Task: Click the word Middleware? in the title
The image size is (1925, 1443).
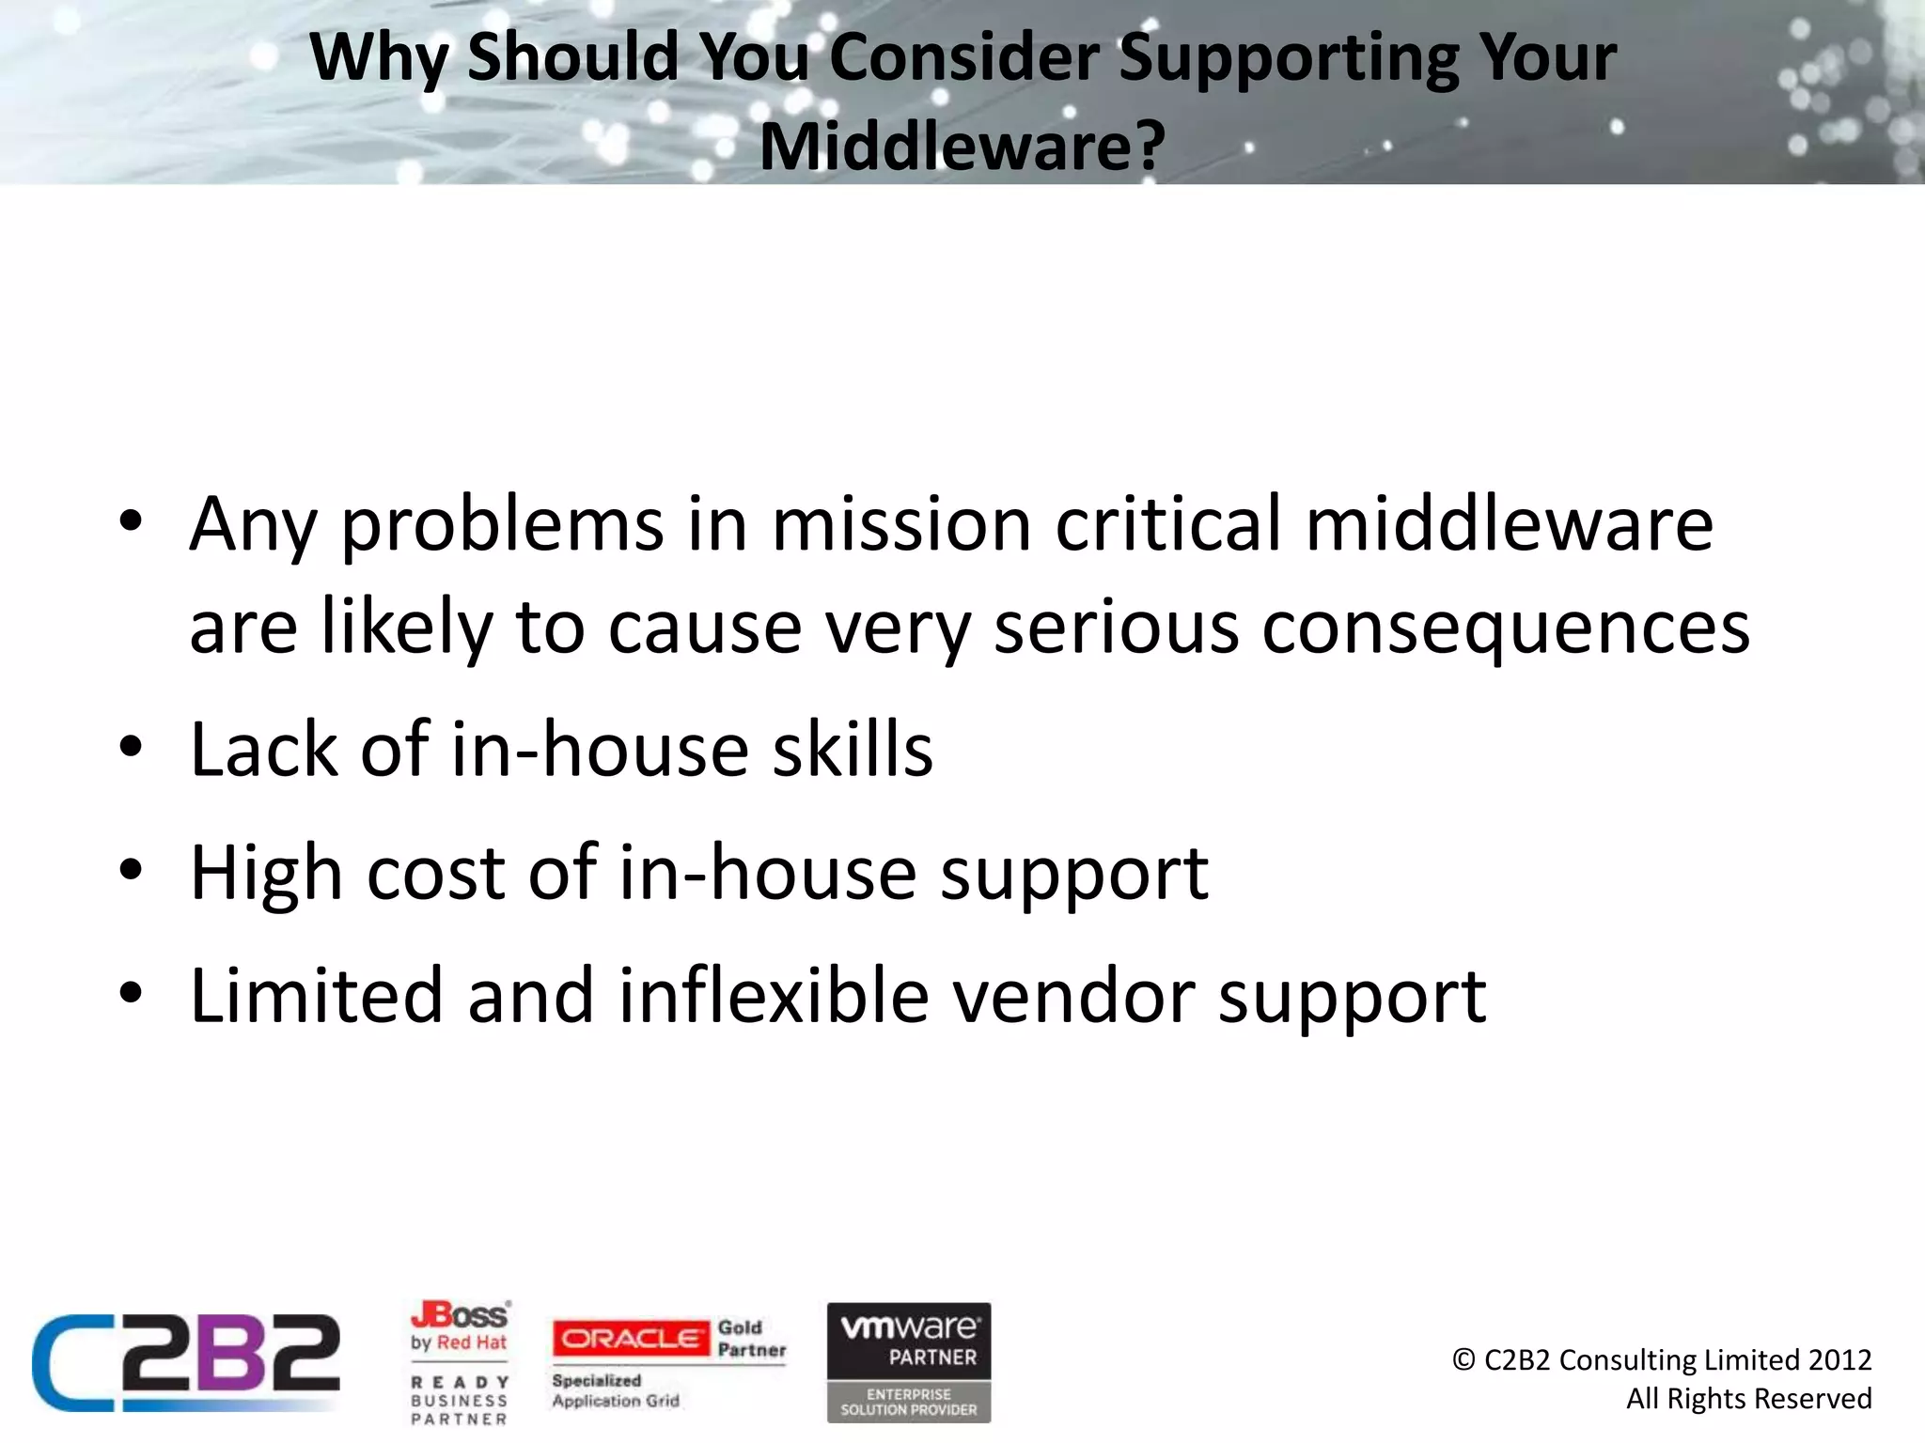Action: (962, 147)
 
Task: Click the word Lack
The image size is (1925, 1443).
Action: (263, 749)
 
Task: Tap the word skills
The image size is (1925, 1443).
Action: (852, 749)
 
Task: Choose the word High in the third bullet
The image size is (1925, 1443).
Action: (266, 873)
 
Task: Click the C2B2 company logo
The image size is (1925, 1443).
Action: (186, 1362)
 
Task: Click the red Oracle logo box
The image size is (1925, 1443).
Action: (631, 1339)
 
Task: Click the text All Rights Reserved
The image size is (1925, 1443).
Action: (1748, 1399)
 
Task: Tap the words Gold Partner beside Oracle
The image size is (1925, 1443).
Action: (751, 1339)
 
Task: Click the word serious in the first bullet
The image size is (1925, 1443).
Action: (1116, 628)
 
